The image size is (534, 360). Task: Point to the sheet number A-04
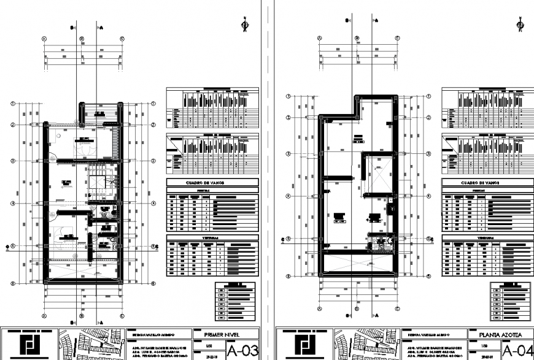point(517,351)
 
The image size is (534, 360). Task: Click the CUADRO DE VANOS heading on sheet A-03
point(213,182)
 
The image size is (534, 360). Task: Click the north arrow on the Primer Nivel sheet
point(244,25)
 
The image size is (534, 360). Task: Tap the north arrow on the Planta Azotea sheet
point(520,25)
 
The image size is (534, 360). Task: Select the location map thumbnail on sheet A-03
point(91,345)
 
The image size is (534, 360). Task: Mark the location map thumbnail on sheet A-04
point(366,345)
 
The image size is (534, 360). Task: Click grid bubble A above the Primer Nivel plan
point(44,38)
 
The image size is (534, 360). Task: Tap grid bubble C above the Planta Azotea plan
point(398,38)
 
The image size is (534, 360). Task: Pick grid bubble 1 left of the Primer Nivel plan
point(12,104)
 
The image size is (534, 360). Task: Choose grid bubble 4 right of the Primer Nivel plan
point(152,203)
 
